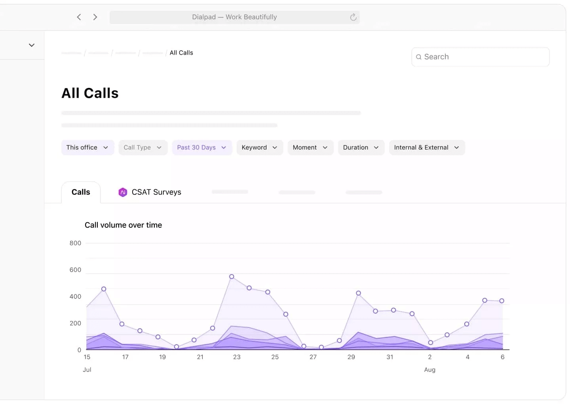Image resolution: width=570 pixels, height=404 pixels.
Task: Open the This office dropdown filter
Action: [87, 148]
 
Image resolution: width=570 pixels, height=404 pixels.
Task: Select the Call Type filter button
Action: [143, 148]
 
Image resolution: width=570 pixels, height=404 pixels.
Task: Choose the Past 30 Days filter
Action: [202, 148]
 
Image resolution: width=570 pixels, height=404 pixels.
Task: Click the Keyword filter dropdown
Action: [260, 148]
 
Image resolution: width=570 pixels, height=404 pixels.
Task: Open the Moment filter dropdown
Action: [310, 148]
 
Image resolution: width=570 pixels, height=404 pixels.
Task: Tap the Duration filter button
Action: [361, 148]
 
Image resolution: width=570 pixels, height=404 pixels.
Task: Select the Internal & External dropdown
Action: [427, 148]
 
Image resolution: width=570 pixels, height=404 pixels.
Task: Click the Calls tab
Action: [81, 192]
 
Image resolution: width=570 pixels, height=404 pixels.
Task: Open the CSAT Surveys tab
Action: [156, 192]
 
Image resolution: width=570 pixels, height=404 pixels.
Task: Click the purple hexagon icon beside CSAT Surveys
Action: [123, 192]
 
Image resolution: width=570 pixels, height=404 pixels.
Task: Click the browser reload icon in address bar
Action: [353, 17]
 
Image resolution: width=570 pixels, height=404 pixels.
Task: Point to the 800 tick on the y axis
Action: [75, 243]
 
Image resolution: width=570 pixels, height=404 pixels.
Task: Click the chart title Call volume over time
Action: [123, 225]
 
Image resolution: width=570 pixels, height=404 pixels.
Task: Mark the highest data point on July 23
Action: [232, 277]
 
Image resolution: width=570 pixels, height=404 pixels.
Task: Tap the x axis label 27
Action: [313, 357]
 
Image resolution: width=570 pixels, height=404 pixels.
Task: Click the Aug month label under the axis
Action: [429, 370]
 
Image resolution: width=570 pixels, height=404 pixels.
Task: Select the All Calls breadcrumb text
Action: [181, 53]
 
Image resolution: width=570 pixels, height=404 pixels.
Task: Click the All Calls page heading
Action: [90, 93]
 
